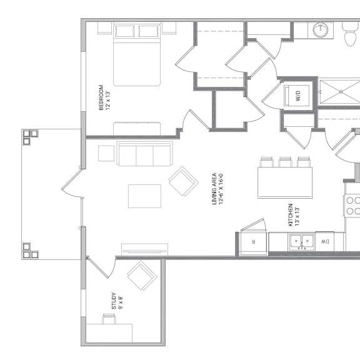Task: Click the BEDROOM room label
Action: coord(101,97)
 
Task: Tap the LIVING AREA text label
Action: coord(214,189)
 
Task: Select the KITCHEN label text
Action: coord(291,215)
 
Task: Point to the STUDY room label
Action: coord(114,301)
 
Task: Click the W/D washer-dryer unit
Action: coord(296,96)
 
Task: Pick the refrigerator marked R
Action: coord(254,242)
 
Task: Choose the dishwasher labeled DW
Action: coord(324,241)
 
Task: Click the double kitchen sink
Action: coord(302,242)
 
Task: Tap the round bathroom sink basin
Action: coord(321,30)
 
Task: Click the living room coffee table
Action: coord(144,196)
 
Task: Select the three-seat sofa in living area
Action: coord(144,153)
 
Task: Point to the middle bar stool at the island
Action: coord(285,162)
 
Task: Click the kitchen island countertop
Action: coord(285,182)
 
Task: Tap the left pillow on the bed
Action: coord(125,31)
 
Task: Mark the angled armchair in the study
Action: coord(142,276)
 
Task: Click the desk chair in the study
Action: coord(109,319)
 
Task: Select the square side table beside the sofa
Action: coord(106,153)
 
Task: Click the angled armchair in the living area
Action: coord(184,181)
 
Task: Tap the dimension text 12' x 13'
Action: coord(108,101)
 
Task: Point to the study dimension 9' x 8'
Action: coord(120,302)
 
